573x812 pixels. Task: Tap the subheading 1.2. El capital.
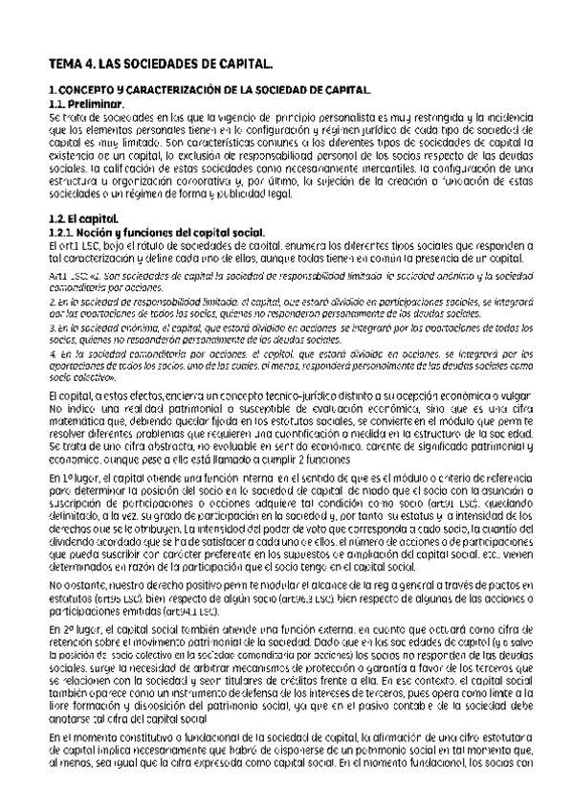83,221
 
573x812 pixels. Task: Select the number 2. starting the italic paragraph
52,301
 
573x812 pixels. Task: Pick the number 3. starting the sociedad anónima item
52,327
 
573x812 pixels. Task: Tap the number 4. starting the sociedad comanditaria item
52,353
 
